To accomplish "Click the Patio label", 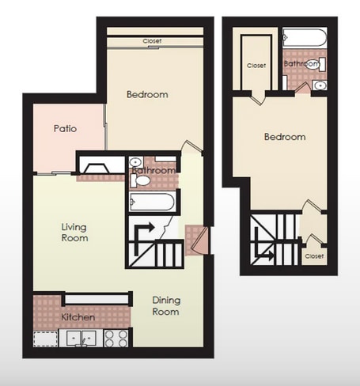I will [65, 127].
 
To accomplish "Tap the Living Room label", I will [74, 232].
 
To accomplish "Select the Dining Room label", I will [165, 305].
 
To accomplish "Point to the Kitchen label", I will [78, 317].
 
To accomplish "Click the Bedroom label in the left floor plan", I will [147, 95].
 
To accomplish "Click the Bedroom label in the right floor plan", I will [284, 137].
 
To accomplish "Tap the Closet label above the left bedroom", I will [153, 41].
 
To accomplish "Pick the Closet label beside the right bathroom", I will [256, 66].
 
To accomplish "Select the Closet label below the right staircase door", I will [314, 256].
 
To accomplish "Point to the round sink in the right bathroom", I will [319, 84].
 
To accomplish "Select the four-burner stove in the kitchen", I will [116, 338].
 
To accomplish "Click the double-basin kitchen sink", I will [82, 338].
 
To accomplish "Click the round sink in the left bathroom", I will [135, 163].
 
